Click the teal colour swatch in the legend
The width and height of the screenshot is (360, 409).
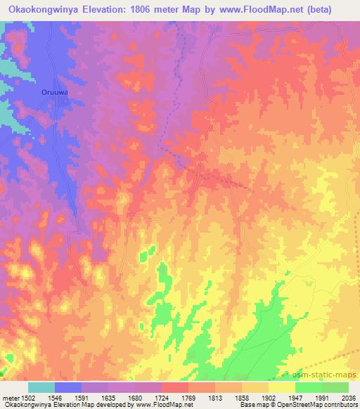[41, 387]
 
